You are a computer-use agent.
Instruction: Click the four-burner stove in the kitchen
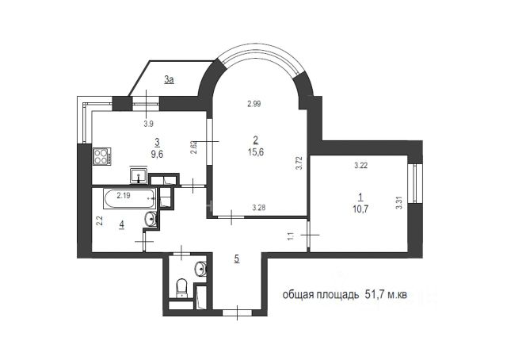point(102,157)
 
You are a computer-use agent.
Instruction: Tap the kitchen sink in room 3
point(139,175)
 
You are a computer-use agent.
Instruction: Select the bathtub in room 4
point(130,199)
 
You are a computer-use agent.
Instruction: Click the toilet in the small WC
point(183,287)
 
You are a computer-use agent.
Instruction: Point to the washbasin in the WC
point(200,269)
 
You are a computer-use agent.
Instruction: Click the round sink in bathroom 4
point(151,219)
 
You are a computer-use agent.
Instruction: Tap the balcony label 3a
point(169,79)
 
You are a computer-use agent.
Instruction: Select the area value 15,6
point(256,151)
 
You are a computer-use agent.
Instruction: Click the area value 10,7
point(361,209)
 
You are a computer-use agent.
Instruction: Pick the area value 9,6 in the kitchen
point(158,155)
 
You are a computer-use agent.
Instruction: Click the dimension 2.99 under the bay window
point(254,104)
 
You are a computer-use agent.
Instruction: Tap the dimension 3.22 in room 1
point(361,166)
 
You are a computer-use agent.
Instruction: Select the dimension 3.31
point(399,203)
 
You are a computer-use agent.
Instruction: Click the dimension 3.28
point(259,208)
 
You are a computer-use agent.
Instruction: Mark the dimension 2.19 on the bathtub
point(124,195)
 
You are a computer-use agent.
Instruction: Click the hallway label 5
point(237,259)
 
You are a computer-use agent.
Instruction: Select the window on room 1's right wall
point(415,183)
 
